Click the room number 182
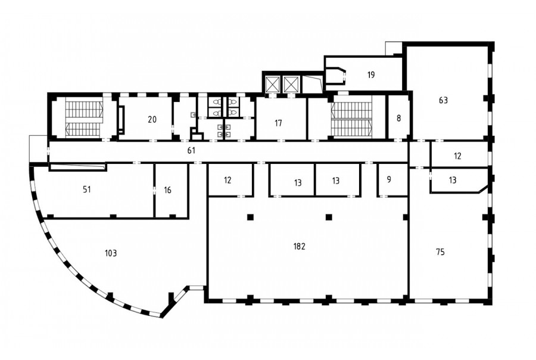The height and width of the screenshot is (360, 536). pos(299,246)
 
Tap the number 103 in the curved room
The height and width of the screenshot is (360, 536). pos(111,253)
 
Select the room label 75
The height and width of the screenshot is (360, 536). pos(440,252)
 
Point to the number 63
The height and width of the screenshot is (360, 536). pos(443,100)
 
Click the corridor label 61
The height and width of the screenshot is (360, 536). pos(191,150)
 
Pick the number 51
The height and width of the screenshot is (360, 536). pos(87,190)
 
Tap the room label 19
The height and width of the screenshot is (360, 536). pos(371,75)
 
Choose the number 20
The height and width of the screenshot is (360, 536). pos(152,119)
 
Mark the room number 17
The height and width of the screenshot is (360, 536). pos(278,123)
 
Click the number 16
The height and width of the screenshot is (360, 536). pos(167,190)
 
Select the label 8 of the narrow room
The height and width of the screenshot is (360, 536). pos(398,119)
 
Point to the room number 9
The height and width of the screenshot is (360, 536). pos(389,179)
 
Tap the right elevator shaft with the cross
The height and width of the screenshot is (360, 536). pos(291,84)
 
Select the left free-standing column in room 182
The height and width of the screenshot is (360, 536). pos(251,217)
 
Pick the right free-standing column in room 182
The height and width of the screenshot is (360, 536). pos(329,217)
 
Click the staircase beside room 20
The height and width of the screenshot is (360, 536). pos(84,117)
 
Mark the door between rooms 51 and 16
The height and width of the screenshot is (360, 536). pos(154,190)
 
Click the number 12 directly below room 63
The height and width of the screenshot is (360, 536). pos(457,156)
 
